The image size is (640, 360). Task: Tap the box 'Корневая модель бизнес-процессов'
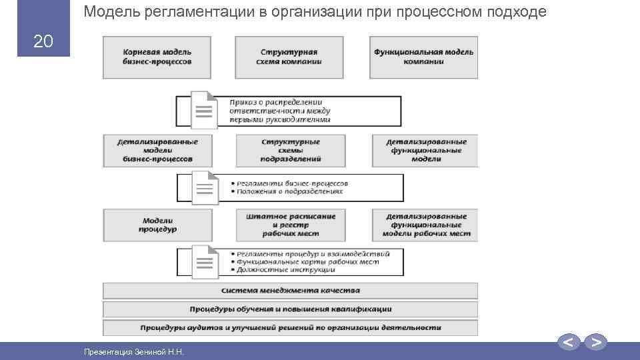pyautogui.click(x=157, y=57)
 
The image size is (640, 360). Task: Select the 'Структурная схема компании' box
pyautogui.click(x=289, y=57)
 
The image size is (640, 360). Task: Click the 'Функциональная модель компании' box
pyautogui.click(x=423, y=57)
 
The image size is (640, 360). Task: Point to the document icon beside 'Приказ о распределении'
pyautogui.click(x=203, y=110)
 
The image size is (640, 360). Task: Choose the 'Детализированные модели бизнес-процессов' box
pyautogui.click(x=157, y=151)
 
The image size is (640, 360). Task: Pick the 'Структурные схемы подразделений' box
pyautogui.click(x=291, y=151)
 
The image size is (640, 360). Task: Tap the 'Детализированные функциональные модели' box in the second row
pyautogui.click(x=426, y=151)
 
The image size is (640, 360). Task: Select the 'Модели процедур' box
pyautogui.click(x=157, y=225)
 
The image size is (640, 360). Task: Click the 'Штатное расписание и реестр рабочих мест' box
pyautogui.click(x=291, y=225)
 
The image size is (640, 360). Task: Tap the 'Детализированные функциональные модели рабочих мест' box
pyautogui.click(x=426, y=225)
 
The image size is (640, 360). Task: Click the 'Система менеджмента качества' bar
pyautogui.click(x=291, y=291)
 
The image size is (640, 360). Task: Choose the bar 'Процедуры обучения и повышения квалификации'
pyautogui.click(x=291, y=309)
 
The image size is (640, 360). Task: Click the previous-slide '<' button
pyautogui.click(x=568, y=343)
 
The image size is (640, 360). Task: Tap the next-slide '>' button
pyautogui.click(x=597, y=343)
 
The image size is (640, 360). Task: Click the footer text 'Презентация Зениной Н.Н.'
pyautogui.click(x=133, y=351)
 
